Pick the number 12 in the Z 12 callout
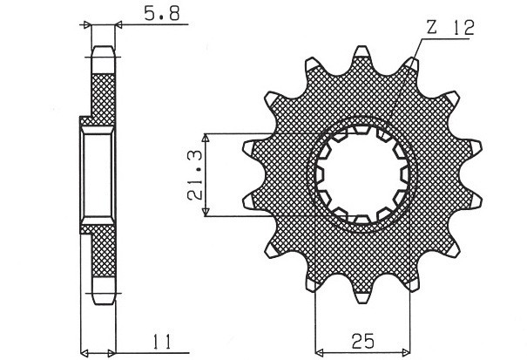click(x=462, y=29)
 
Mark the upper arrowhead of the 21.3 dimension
click(x=206, y=138)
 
